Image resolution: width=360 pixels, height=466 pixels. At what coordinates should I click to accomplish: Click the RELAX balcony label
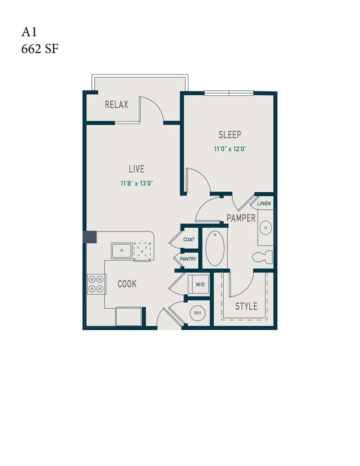coord(116,104)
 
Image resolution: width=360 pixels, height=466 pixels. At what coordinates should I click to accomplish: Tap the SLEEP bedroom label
coord(230,135)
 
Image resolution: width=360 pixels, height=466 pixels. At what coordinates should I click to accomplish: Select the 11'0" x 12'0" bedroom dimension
coord(230,148)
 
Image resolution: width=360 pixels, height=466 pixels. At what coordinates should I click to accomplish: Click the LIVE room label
coord(137,169)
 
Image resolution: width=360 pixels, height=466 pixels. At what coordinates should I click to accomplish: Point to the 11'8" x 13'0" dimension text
coord(136,183)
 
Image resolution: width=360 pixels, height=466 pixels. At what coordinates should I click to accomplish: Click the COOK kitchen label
coord(127,284)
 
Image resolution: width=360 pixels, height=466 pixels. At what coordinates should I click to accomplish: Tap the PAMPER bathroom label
coord(240,218)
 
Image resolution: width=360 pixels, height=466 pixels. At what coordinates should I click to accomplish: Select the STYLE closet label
coord(246,306)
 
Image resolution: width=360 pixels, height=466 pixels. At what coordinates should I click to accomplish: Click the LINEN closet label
coord(264,204)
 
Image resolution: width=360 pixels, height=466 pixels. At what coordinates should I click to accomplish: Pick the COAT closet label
coord(189,240)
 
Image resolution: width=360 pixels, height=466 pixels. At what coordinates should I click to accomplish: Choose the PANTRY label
coord(188,259)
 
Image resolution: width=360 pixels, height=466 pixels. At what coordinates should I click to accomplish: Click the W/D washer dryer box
coord(199,285)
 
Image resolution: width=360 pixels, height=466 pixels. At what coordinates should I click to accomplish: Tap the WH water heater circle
coord(198,313)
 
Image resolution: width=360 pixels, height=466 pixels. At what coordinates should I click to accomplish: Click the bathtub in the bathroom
coord(215,248)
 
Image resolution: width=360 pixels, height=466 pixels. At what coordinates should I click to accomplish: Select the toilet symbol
coord(262,257)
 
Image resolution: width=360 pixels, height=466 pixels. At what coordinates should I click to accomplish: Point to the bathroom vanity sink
coord(265,227)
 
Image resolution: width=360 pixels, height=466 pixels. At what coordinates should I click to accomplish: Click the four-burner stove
coord(95,284)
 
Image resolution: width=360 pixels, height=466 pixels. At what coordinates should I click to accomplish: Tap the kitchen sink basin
coord(121,251)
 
